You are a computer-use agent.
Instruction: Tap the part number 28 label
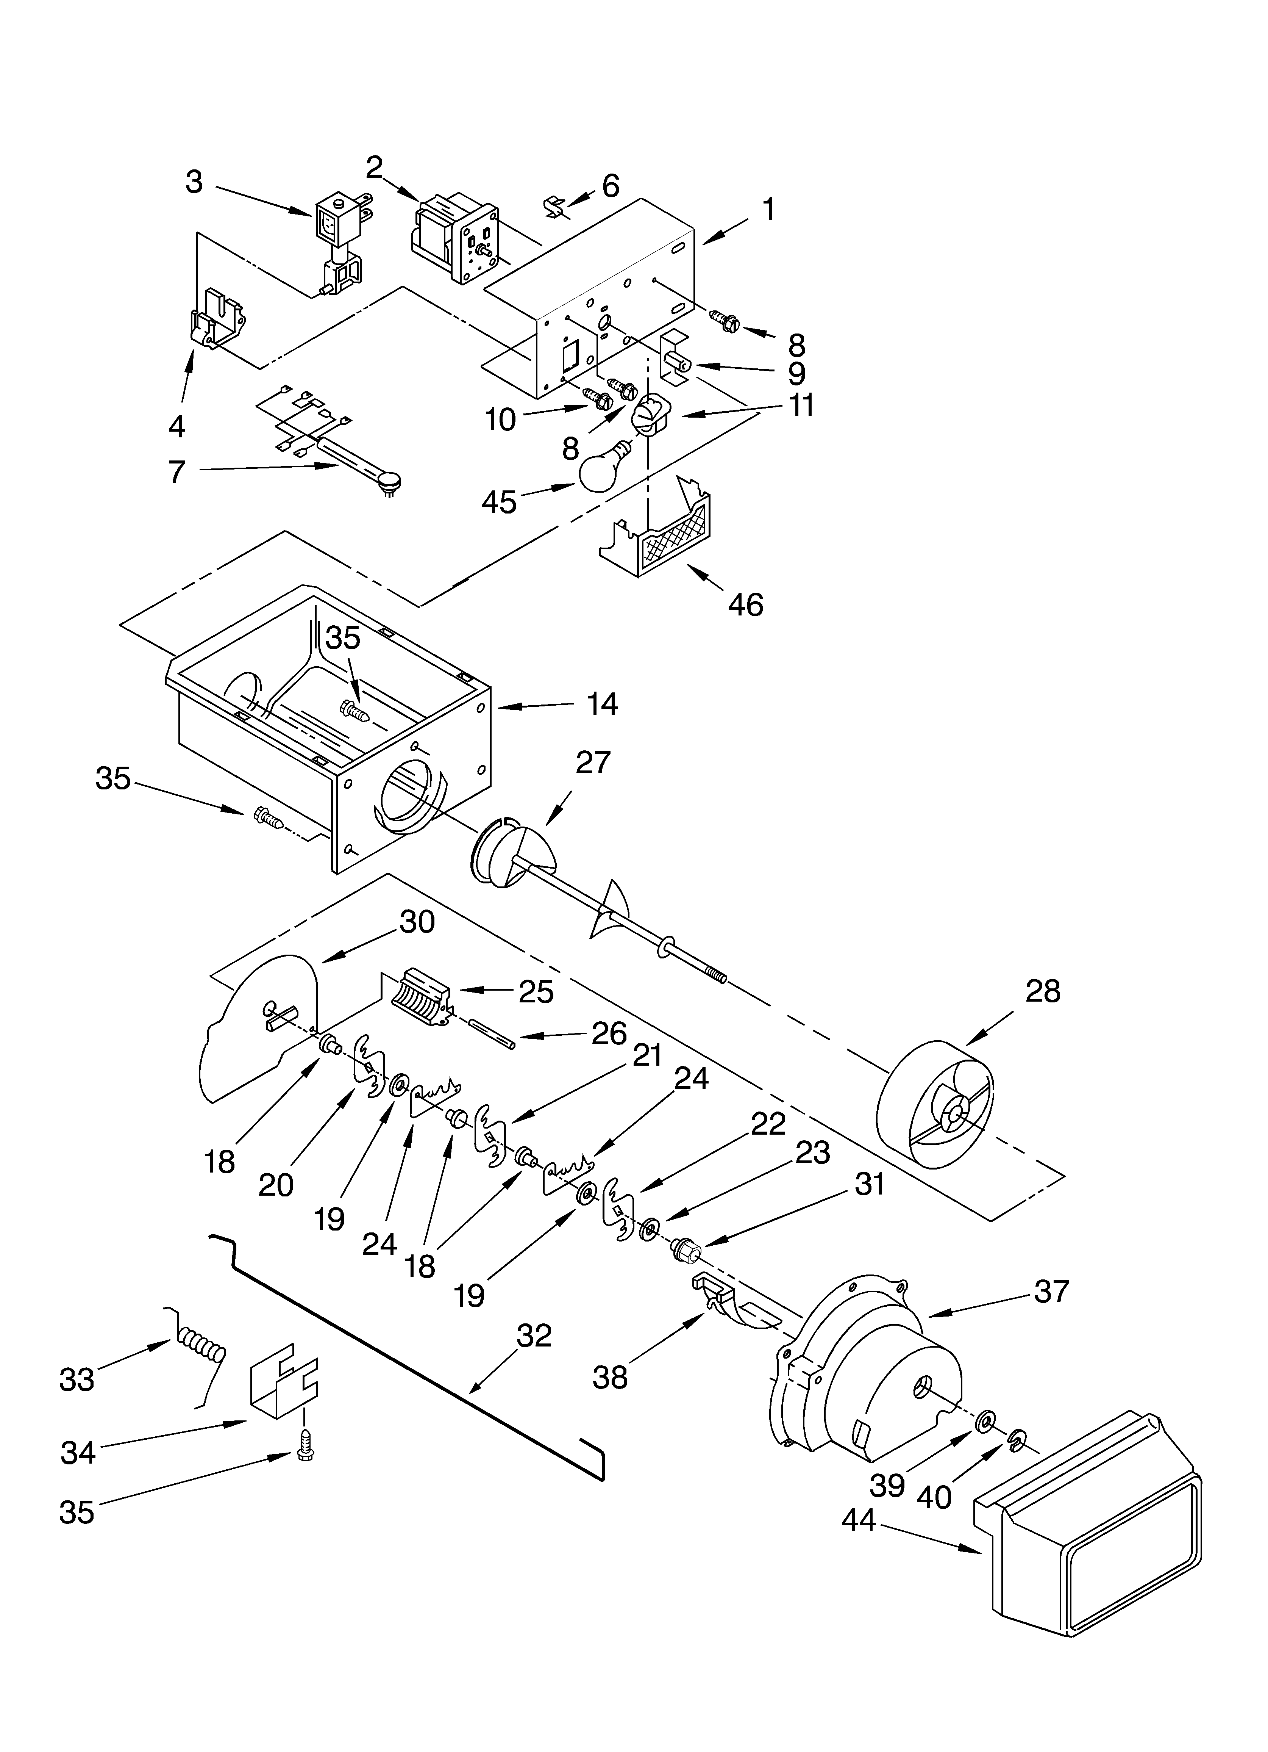(x=1043, y=991)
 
